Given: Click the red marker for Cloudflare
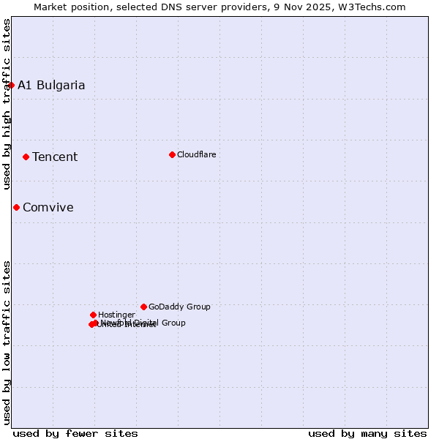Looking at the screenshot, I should (x=172, y=154).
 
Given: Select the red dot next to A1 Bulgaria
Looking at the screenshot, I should (x=11, y=85).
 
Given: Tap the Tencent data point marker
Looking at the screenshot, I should (x=26, y=157).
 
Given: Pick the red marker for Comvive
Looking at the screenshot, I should (x=16, y=207).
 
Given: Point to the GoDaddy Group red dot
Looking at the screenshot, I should (x=143, y=307).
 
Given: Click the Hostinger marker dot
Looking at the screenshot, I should (x=93, y=315).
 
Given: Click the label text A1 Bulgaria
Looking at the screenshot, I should (x=51, y=85).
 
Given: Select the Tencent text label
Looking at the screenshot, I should (x=55, y=157).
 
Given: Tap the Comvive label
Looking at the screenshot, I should (x=48, y=207).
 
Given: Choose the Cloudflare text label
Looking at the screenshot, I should (x=196, y=154).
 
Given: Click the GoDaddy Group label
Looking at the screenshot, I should (x=179, y=307).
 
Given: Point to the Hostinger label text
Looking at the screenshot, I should (x=116, y=315).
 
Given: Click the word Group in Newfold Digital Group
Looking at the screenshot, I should (x=173, y=323).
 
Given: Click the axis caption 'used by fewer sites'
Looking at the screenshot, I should (x=75, y=433).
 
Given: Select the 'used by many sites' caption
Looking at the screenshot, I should (x=367, y=433).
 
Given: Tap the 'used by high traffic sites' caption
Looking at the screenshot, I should (x=7, y=104).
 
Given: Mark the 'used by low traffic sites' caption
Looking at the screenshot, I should (x=7, y=342).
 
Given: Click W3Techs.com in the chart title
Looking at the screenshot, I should (x=375, y=7).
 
